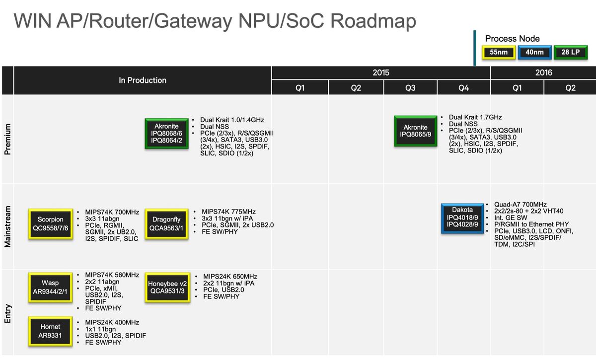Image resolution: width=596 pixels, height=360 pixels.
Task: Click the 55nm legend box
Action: (498, 52)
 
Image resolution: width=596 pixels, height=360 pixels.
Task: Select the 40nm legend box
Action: (534, 52)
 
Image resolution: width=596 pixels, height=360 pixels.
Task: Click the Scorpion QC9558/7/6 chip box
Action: (50, 223)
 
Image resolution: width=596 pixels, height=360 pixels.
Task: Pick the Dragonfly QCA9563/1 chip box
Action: (166, 223)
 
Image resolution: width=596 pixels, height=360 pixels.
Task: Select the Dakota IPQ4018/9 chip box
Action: (462, 217)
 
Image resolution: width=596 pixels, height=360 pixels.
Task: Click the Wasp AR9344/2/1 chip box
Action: (50, 287)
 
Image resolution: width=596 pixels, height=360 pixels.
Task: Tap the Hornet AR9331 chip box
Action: (50, 331)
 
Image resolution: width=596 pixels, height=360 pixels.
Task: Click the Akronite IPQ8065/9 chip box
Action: (415, 131)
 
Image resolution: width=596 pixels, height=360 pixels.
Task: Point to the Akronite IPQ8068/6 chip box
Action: (166, 134)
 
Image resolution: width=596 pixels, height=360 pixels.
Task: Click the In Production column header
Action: (143, 80)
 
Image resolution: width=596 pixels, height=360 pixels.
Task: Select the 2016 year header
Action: (543, 72)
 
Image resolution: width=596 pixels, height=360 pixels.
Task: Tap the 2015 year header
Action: (381, 72)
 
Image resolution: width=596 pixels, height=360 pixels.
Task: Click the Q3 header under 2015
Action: (410, 88)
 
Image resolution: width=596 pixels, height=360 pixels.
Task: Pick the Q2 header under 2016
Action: (570, 88)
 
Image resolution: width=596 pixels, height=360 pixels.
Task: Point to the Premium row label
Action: (7, 140)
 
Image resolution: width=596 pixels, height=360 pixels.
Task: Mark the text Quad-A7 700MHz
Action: (520, 205)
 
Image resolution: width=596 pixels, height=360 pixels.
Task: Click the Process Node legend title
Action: (512, 39)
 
